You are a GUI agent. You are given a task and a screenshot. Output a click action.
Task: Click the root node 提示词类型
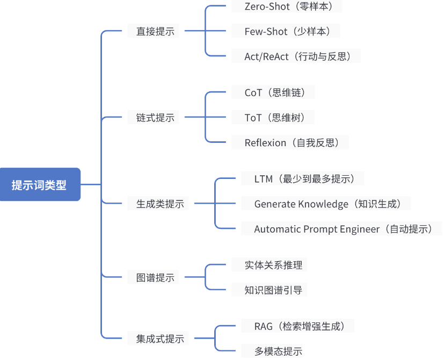click(x=40, y=184)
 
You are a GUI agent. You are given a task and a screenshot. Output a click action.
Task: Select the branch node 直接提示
click(x=155, y=31)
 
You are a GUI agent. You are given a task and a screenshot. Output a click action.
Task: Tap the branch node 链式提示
click(x=155, y=118)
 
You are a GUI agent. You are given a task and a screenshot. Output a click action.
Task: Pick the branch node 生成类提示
click(x=160, y=204)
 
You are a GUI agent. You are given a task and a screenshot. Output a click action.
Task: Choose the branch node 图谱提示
click(x=155, y=278)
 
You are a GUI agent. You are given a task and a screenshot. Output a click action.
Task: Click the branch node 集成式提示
click(x=160, y=339)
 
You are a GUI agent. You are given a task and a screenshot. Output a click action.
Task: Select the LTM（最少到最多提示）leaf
click(x=309, y=178)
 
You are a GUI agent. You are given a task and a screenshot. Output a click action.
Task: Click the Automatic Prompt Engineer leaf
click(x=343, y=229)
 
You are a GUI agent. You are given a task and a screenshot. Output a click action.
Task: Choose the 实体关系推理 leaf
click(x=273, y=265)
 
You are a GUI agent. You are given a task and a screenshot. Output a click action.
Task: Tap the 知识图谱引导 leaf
click(x=273, y=290)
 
